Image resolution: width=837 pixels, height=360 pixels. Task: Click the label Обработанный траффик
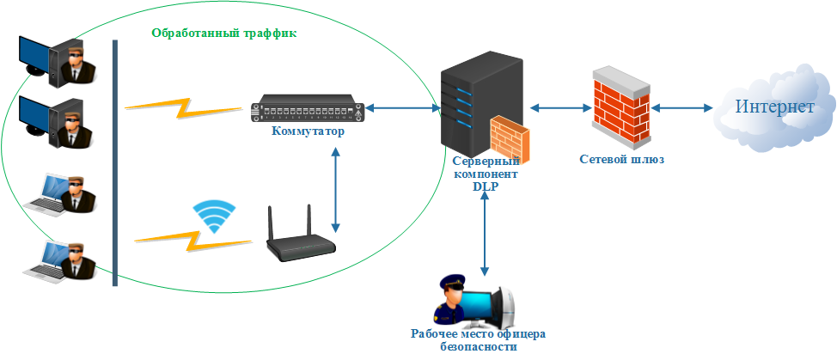223,34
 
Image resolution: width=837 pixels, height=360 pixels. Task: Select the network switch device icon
308,110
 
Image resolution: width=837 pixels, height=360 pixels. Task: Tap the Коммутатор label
308,132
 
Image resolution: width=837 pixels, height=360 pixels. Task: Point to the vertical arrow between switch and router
335,189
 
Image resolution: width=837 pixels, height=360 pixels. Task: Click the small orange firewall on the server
510,140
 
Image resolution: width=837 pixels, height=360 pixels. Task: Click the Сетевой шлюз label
622,160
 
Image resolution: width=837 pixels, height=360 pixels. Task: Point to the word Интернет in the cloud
774,107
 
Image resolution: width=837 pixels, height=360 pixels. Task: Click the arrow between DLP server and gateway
559,108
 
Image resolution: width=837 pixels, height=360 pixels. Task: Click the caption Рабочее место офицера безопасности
478,340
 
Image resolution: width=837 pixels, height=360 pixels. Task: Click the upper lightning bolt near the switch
183,107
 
